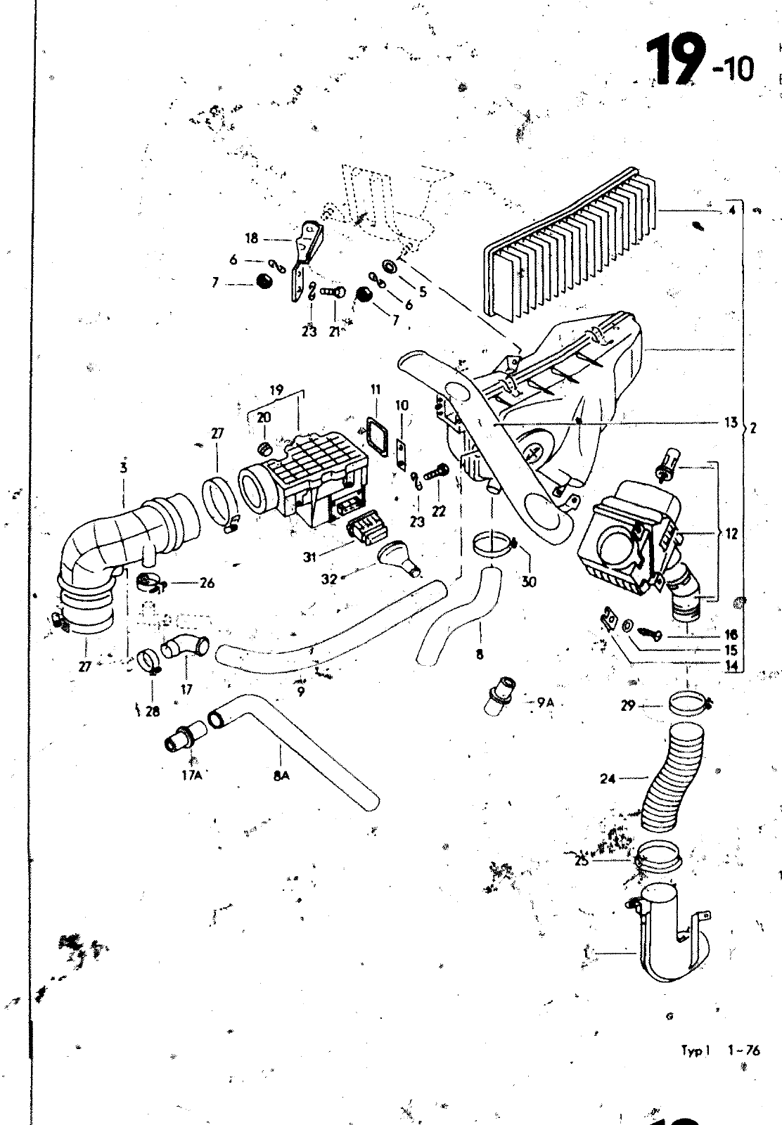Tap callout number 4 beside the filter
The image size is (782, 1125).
[x=732, y=210]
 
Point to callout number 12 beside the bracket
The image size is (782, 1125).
[x=732, y=534]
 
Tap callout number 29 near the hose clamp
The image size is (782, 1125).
[x=628, y=705]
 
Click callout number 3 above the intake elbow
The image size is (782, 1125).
[x=123, y=466]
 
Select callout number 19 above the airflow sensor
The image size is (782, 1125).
[x=276, y=389]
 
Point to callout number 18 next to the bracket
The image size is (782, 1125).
[x=252, y=237]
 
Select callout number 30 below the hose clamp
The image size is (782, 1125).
[x=529, y=581]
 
